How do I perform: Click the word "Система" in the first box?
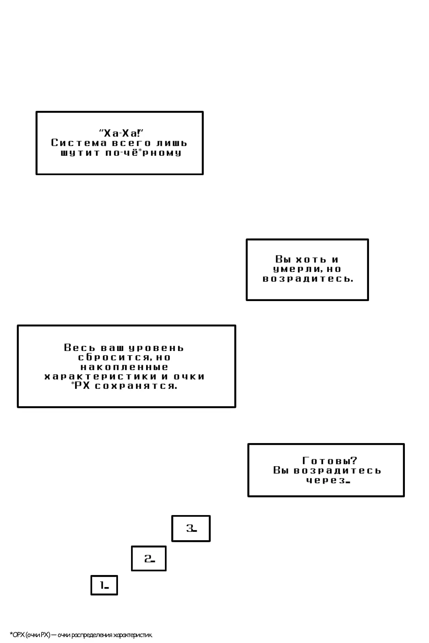[x=79, y=143]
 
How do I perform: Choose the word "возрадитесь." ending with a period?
[x=308, y=279]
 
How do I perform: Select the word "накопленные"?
[x=124, y=367]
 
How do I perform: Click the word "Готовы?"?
[x=330, y=461]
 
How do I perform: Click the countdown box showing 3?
[x=191, y=528]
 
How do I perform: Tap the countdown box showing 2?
[x=149, y=559]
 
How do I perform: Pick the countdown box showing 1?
[x=104, y=585]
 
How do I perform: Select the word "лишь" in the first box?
[x=172, y=143]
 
